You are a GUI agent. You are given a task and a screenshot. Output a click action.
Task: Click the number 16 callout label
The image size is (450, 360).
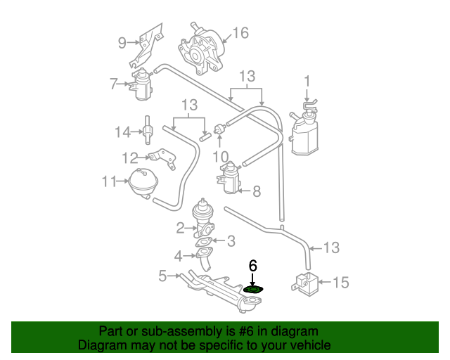(240, 33)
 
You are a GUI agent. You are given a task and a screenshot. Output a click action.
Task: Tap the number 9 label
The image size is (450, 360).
(122, 43)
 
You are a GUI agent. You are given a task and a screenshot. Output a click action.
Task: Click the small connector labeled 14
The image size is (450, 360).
(148, 130)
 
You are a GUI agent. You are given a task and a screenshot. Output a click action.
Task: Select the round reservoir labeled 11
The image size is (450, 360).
(142, 182)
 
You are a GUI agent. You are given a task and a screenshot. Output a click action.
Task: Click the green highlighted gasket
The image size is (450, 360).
(253, 289)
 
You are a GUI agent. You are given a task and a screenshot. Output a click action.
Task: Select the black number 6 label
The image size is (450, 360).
(253, 266)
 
